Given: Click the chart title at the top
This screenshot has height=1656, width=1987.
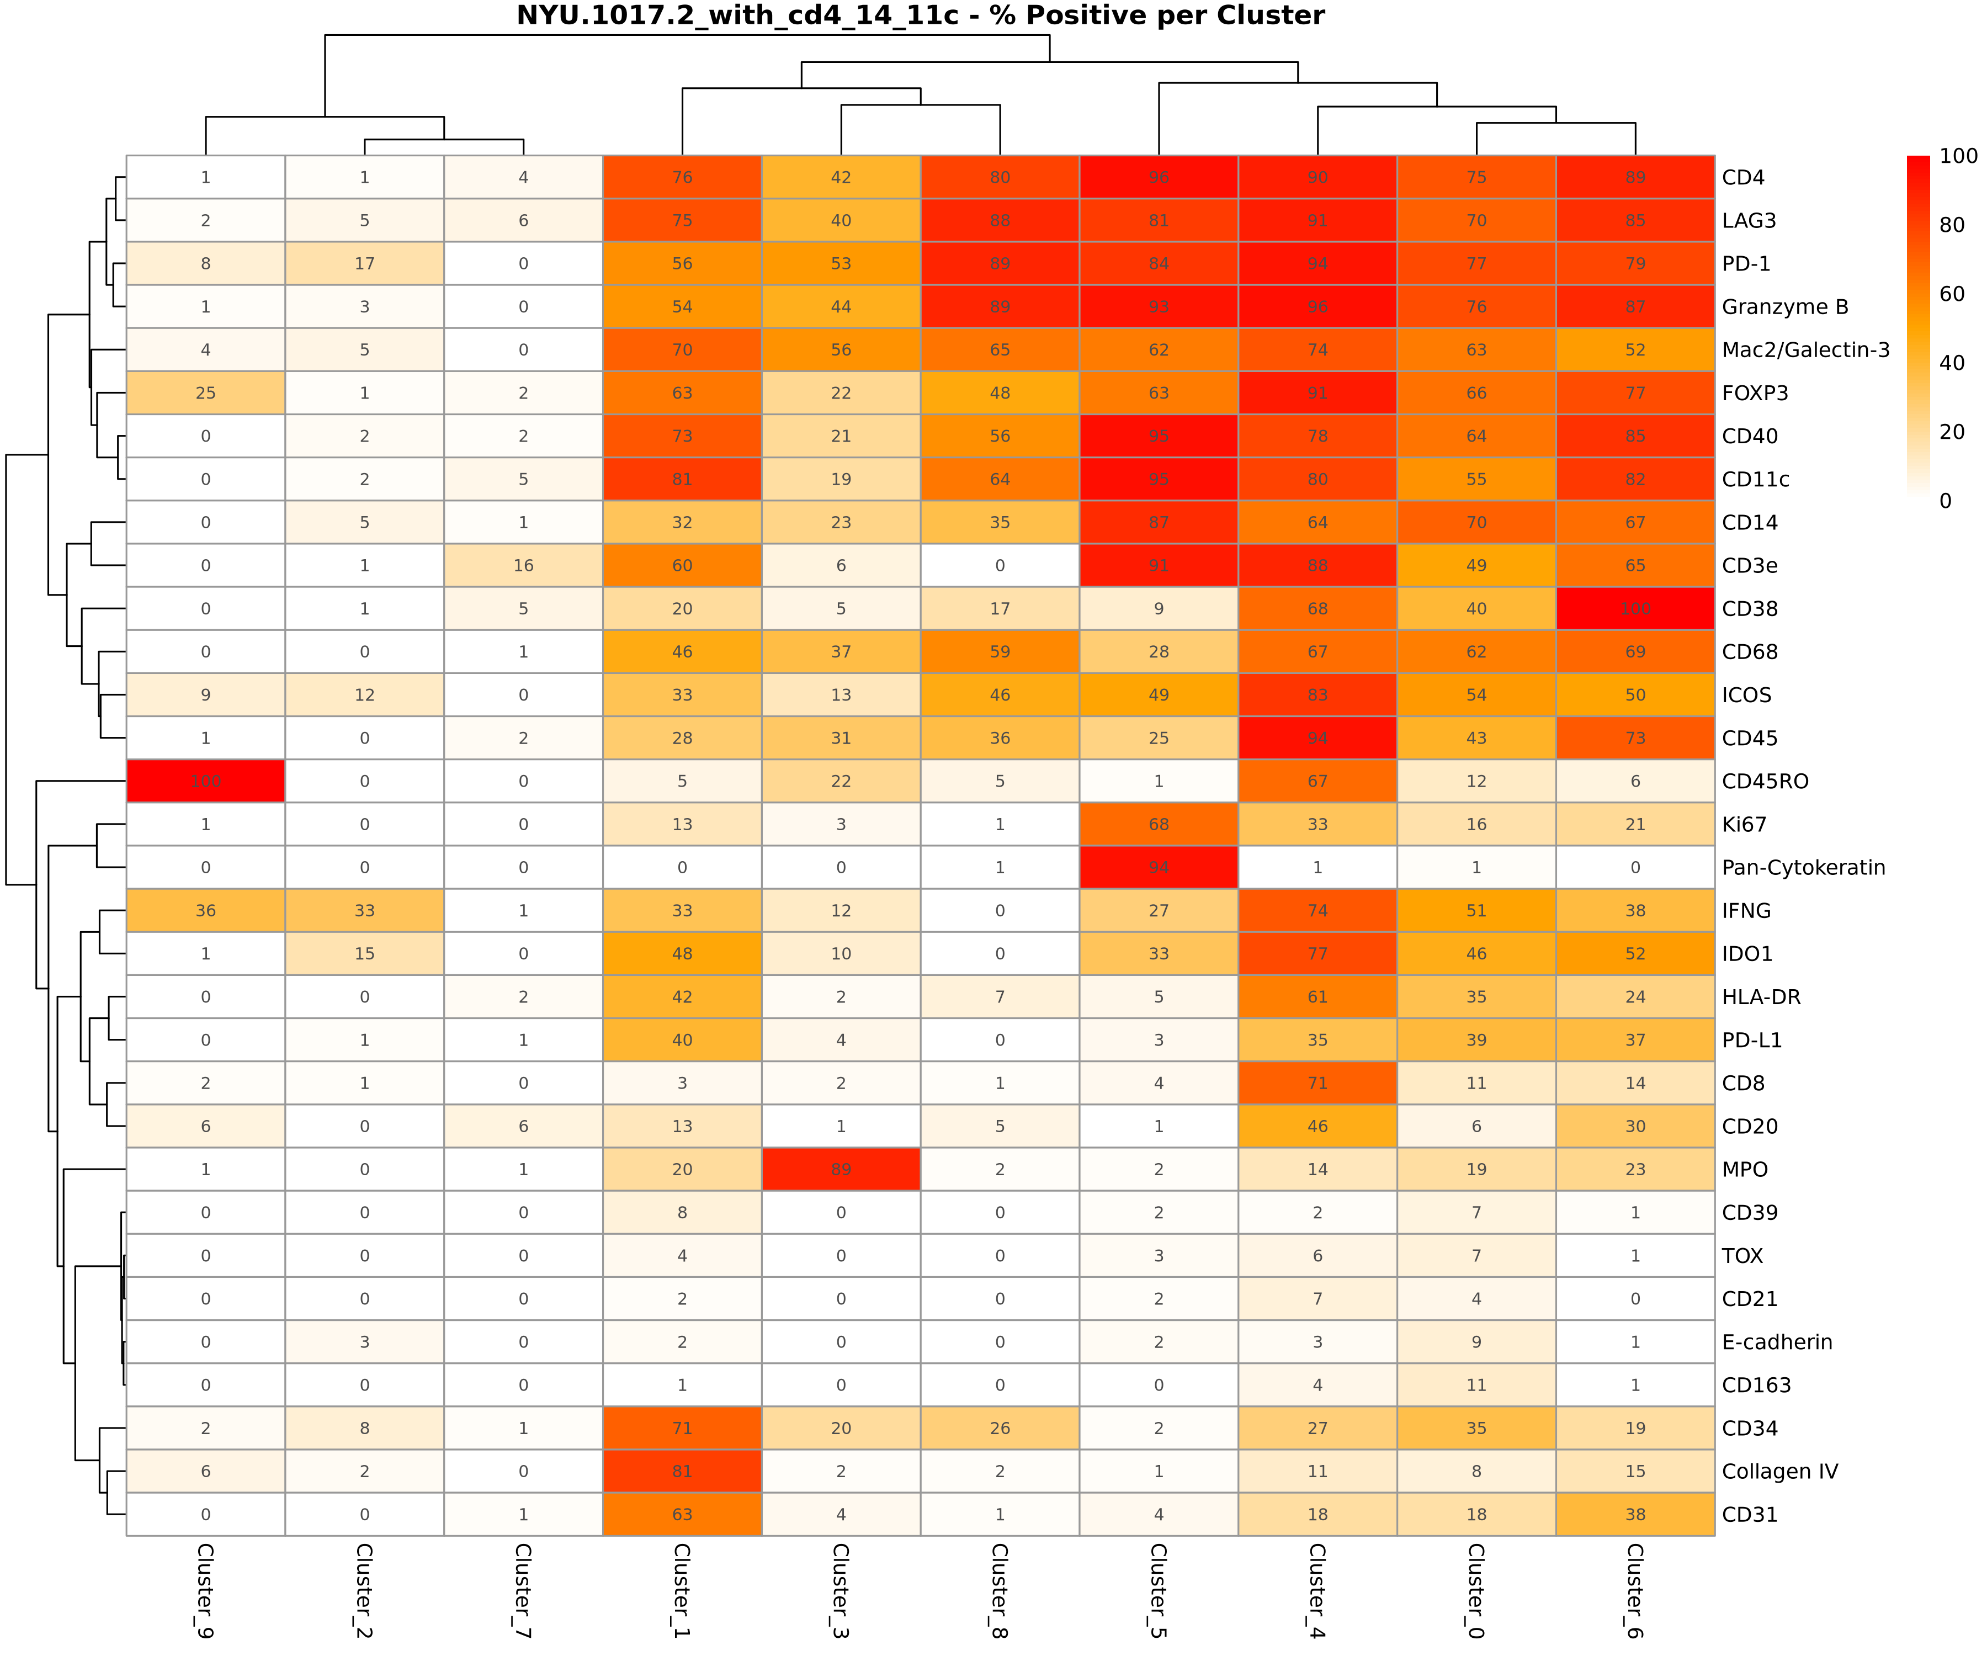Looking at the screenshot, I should pyautogui.click(x=920, y=16).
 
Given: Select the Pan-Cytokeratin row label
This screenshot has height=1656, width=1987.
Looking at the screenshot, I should pyautogui.click(x=1803, y=868).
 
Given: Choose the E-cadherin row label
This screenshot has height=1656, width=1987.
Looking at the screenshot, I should pyautogui.click(x=1777, y=1342).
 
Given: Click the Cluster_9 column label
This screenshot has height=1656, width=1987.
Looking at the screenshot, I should pyautogui.click(x=205, y=1591).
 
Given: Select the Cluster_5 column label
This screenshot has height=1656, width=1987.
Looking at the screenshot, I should pyautogui.click(x=1158, y=1591).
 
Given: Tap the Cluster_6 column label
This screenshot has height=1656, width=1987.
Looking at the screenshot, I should pyautogui.click(x=1635, y=1591).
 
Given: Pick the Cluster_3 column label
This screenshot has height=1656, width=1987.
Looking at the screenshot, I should pyautogui.click(x=840, y=1591).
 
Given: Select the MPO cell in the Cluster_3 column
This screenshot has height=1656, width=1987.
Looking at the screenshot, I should pyautogui.click(x=840, y=1170).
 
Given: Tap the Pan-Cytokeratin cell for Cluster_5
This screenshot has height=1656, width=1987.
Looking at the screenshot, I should pyautogui.click(x=1158, y=868).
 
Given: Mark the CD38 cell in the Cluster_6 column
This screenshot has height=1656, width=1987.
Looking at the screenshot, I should pyautogui.click(x=1635, y=608).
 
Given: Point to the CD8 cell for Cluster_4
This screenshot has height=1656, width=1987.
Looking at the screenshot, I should pyautogui.click(x=1317, y=1084).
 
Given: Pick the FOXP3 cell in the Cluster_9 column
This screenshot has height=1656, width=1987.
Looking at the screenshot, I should pyautogui.click(x=205, y=392).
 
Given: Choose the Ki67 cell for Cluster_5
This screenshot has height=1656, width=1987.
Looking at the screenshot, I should pyautogui.click(x=1158, y=824).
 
